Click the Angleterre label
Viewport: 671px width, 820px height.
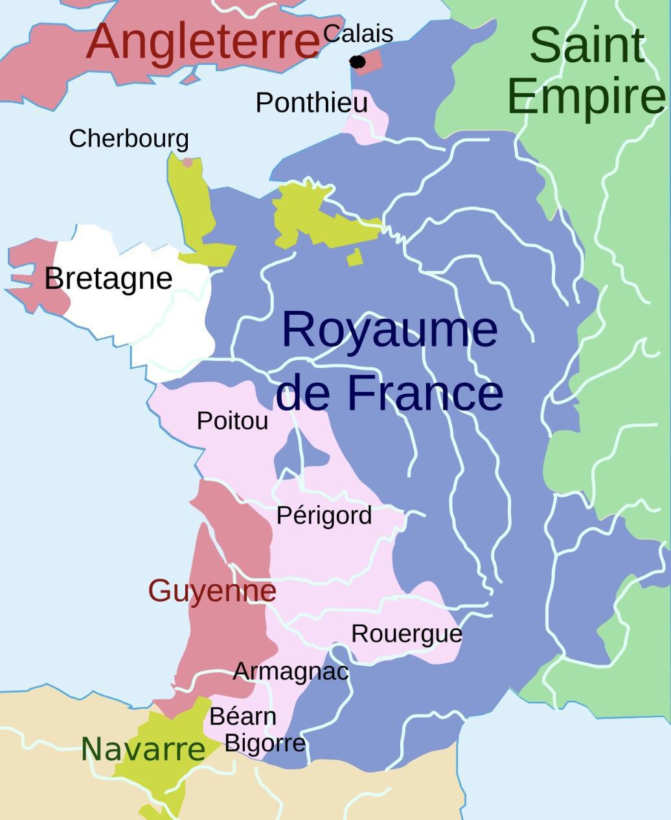click(203, 41)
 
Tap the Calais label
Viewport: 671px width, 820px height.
click(358, 34)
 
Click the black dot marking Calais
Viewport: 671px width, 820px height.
click(357, 62)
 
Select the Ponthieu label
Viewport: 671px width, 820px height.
click(312, 102)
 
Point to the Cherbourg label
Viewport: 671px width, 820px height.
click(129, 139)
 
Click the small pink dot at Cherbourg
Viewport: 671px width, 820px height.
click(187, 162)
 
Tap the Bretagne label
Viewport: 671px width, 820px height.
click(108, 279)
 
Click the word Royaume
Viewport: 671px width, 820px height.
click(389, 329)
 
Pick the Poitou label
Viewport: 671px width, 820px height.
click(233, 421)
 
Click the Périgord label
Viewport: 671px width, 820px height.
click(324, 516)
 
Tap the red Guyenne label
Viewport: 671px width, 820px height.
click(212, 591)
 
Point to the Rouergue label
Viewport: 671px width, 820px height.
click(407, 633)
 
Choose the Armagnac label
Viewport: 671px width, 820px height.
click(291, 672)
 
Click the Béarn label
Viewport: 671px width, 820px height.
click(243, 716)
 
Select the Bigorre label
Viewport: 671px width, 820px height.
click(265, 742)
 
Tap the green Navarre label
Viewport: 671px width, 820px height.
click(143, 749)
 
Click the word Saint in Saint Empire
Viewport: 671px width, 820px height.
click(587, 45)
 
